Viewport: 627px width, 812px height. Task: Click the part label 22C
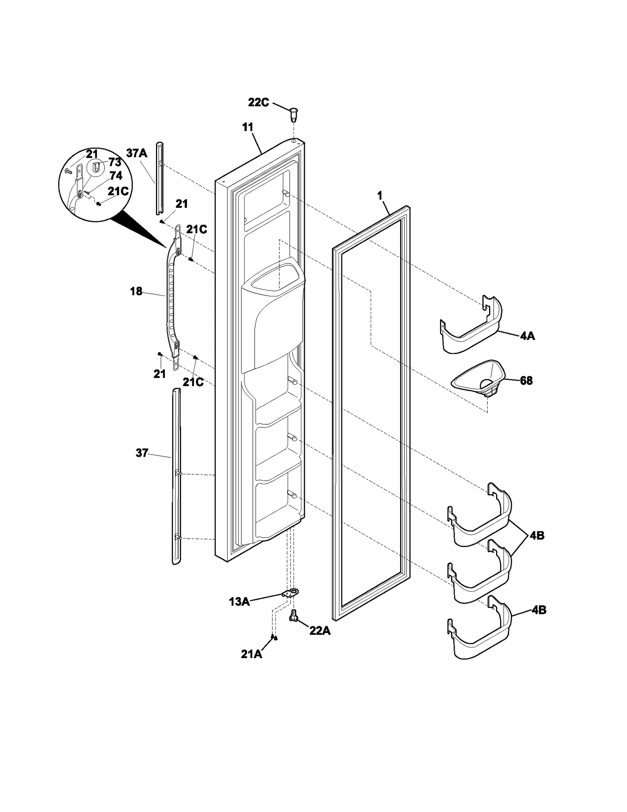(x=258, y=103)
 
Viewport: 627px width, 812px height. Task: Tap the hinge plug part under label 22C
(x=293, y=115)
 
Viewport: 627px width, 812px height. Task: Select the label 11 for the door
(x=248, y=127)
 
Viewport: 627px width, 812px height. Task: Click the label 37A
(x=137, y=153)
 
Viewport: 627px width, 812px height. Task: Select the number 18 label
(x=136, y=291)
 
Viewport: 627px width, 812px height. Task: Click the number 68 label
(x=526, y=380)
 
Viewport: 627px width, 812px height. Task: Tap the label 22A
(x=320, y=632)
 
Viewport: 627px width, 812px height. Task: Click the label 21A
(x=251, y=654)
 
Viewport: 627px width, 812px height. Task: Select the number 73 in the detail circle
(x=115, y=162)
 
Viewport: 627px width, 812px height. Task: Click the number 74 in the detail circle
(x=116, y=175)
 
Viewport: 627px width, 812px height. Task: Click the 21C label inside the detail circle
(x=118, y=191)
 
